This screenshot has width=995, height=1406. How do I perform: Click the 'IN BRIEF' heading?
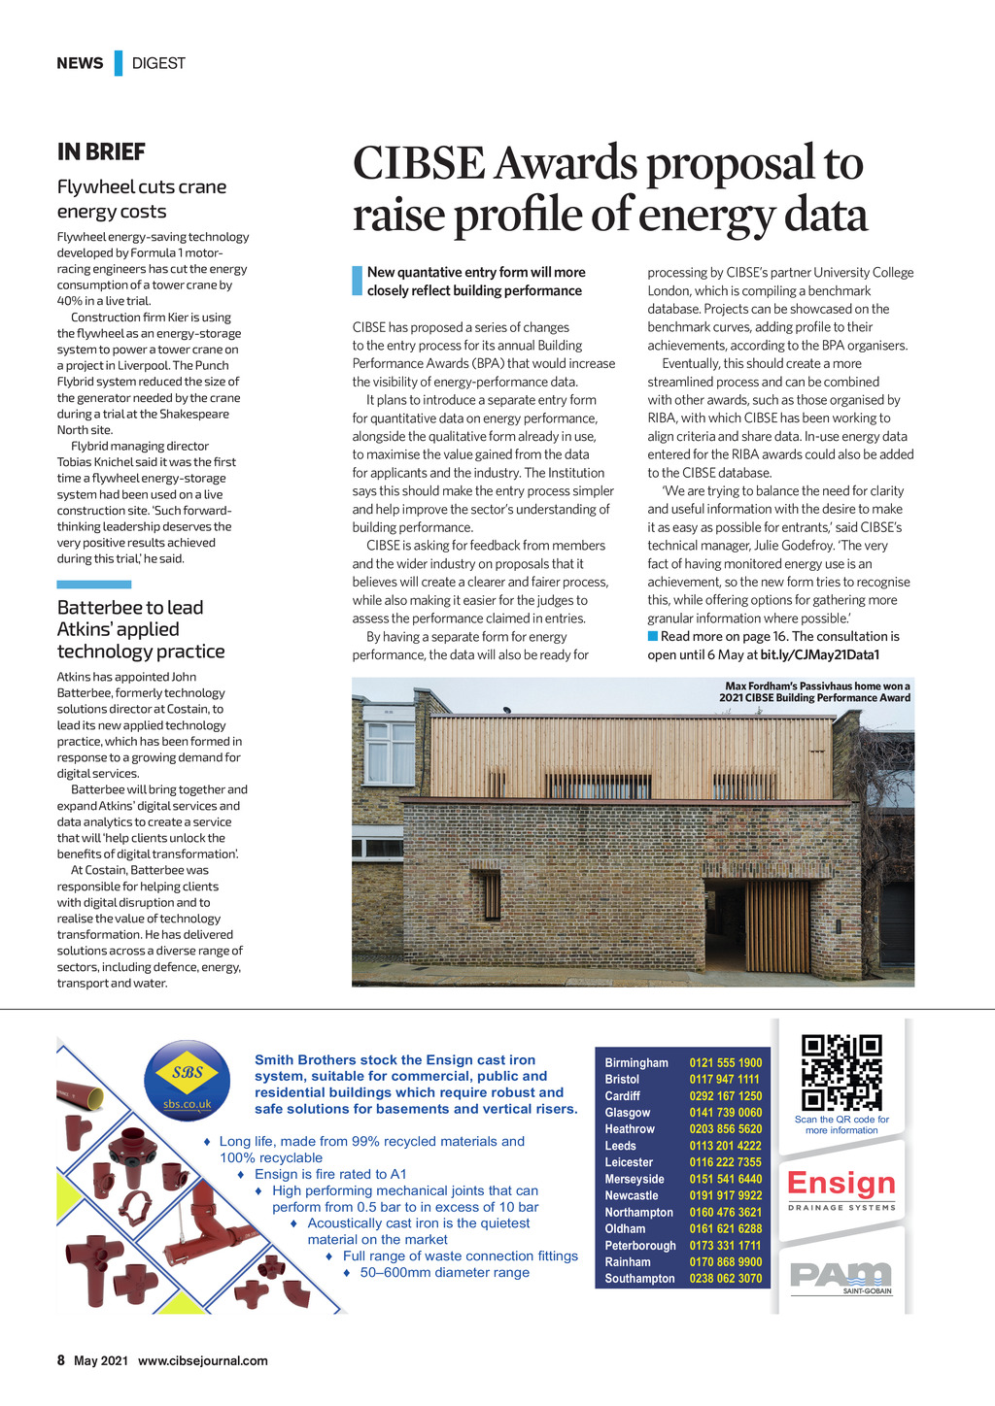click(101, 152)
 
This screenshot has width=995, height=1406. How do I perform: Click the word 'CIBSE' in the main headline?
click(420, 163)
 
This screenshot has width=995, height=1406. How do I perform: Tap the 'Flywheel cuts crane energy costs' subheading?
click(141, 199)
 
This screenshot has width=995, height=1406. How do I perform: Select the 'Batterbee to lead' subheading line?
click(130, 608)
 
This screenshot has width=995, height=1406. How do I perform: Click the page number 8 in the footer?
click(61, 1360)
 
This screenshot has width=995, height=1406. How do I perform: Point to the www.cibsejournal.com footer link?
click(202, 1360)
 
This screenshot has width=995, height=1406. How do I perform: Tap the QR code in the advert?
click(841, 1073)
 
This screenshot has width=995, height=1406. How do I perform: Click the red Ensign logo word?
click(841, 1183)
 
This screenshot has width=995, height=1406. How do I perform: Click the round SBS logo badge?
click(188, 1080)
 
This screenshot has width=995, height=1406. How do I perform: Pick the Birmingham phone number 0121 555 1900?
click(726, 1063)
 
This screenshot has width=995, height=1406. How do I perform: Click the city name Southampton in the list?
click(639, 1279)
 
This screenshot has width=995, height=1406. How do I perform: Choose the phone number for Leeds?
click(726, 1146)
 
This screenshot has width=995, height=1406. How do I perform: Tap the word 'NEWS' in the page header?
click(80, 63)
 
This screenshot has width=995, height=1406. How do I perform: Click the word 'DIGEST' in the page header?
click(158, 63)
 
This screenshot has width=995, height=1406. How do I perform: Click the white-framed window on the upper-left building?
click(391, 753)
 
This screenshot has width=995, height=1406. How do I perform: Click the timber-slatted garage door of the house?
click(776, 928)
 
